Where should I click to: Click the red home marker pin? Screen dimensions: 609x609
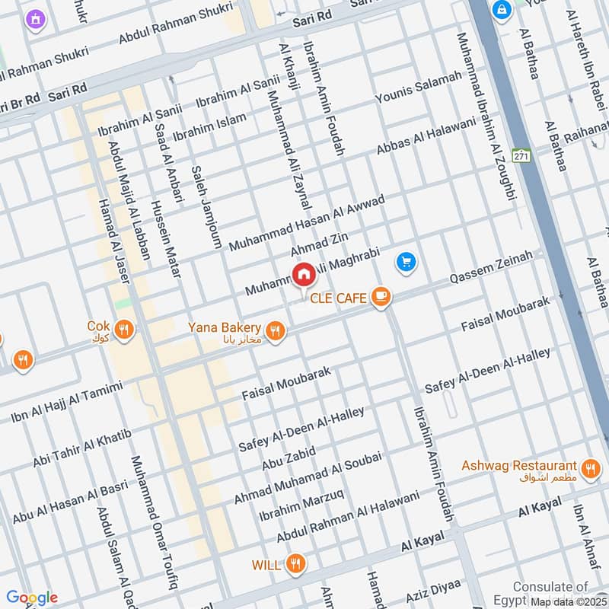click(x=303, y=274)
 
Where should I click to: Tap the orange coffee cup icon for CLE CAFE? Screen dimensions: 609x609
click(x=381, y=298)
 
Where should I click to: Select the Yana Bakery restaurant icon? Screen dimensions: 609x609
click(x=276, y=330)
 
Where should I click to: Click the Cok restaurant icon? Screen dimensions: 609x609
click(x=125, y=329)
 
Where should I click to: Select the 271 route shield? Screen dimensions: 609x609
click(x=521, y=155)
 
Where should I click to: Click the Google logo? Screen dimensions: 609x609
click(x=32, y=598)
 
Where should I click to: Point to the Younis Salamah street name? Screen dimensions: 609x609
click(x=419, y=88)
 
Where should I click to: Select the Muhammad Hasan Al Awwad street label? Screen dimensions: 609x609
click(x=308, y=223)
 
